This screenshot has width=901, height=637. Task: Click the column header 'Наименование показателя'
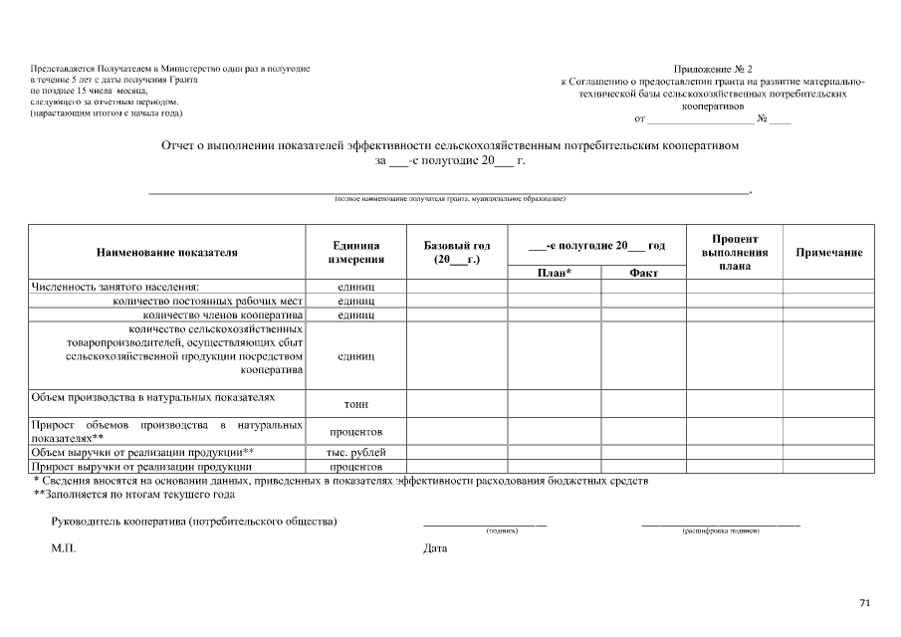coord(166,253)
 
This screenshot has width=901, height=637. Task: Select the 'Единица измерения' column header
coord(356,253)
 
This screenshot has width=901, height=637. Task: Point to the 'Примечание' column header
coord(828,253)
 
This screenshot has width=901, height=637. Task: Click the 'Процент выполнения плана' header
coord(735,253)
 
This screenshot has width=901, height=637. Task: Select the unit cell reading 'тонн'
coord(356,404)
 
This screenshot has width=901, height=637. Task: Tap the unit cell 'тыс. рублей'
coord(356,451)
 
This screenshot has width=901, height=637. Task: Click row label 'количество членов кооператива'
coord(222,315)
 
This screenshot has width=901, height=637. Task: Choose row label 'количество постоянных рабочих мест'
coord(207,301)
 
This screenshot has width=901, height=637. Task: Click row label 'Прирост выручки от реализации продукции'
coord(141,466)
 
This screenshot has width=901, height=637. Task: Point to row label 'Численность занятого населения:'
coord(115,287)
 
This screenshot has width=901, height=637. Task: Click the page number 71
coord(864,603)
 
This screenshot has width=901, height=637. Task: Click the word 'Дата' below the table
coord(435,548)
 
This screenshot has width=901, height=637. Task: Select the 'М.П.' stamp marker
coord(64,548)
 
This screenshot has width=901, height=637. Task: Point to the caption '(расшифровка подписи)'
coord(721,531)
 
